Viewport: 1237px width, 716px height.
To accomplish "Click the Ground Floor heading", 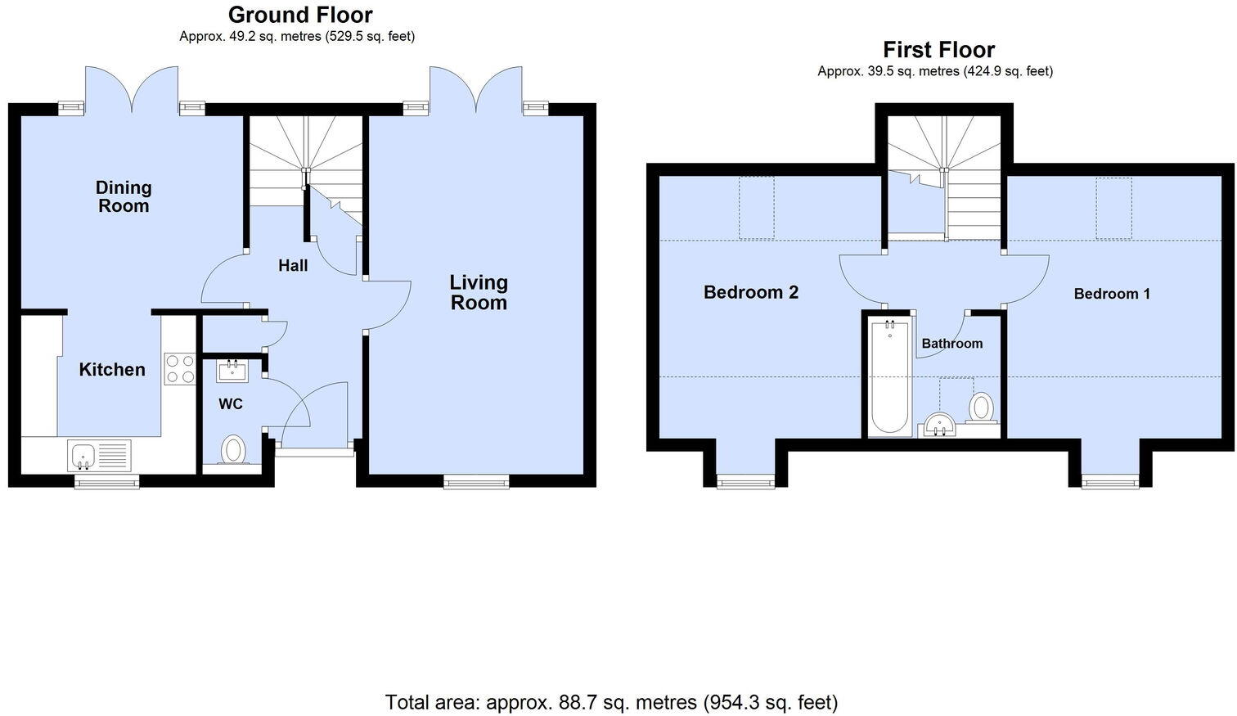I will tap(300, 15).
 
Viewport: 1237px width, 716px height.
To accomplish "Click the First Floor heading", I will tap(938, 50).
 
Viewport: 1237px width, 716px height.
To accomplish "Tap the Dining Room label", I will tap(124, 196).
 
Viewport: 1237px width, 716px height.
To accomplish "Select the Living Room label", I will tap(479, 292).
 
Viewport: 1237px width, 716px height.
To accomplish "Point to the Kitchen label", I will tap(112, 370).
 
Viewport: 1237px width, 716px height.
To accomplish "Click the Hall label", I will tap(293, 265).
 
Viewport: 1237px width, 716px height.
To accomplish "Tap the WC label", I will tap(230, 404).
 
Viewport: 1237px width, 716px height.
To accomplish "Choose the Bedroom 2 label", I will tap(750, 292).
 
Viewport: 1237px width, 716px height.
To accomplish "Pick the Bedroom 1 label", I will tap(1112, 294).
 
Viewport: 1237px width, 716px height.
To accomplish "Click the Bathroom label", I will tap(951, 344).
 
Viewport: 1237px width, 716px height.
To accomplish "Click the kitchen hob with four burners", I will tap(179, 368).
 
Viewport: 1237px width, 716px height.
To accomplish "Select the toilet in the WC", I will tap(234, 450).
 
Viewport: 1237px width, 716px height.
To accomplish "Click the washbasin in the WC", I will tap(232, 371).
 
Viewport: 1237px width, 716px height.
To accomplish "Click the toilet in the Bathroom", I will tap(982, 407).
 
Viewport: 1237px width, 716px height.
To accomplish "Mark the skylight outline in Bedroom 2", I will tap(757, 208).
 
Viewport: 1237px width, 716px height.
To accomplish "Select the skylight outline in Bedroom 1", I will tap(1113, 208).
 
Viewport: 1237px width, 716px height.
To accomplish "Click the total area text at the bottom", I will tap(611, 702).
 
